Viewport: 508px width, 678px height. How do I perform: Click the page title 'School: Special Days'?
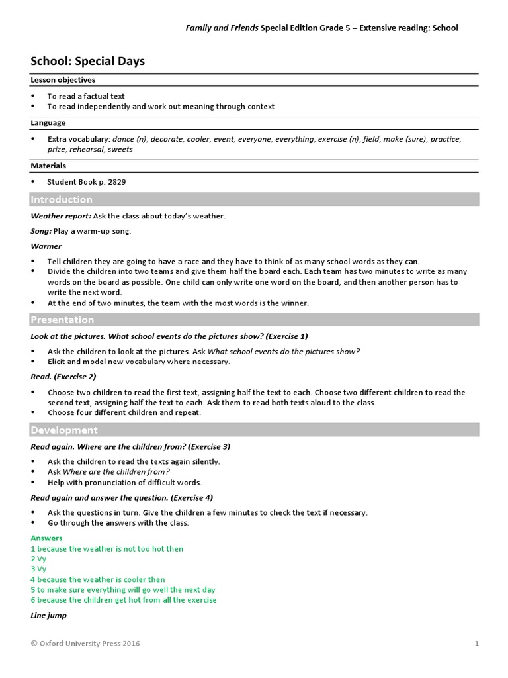click(87, 61)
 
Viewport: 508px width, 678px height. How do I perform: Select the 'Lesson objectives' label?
click(63, 80)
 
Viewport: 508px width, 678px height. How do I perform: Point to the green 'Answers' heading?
click(46, 538)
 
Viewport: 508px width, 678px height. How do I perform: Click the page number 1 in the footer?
click(476, 643)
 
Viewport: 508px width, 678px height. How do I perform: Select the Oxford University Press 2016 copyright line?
click(85, 643)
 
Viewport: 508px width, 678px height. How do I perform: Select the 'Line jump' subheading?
click(48, 616)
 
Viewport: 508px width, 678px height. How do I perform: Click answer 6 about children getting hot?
click(124, 600)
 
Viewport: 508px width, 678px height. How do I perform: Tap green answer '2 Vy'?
click(38, 559)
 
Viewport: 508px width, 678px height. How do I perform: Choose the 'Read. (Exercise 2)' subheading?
click(63, 377)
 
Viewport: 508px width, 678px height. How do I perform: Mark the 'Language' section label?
click(48, 123)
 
